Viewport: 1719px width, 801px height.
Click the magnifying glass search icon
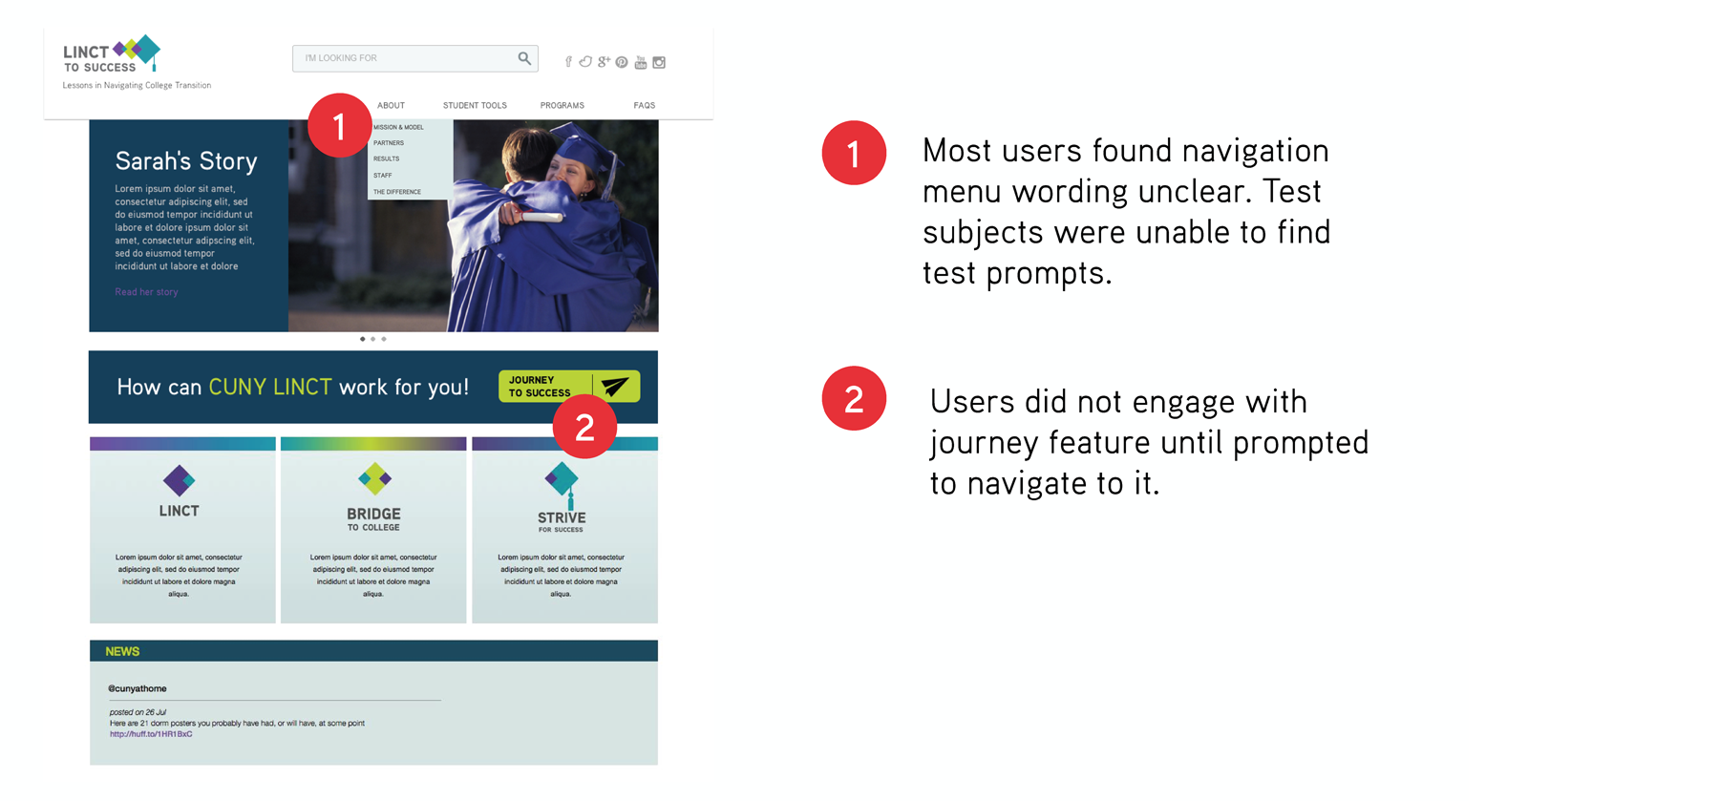tap(524, 58)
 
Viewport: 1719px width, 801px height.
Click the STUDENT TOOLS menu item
tap(475, 106)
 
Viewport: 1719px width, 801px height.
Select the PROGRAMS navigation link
tap(562, 106)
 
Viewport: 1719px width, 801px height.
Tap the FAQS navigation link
tap(644, 106)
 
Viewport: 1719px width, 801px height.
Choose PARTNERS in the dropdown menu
tap(389, 143)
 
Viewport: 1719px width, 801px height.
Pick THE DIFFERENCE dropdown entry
tap(397, 192)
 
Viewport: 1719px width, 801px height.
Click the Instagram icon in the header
tap(659, 63)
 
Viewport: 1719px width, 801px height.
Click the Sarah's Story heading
tap(186, 161)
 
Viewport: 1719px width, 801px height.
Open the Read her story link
tap(146, 292)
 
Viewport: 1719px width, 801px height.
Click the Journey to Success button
tap(568, 386)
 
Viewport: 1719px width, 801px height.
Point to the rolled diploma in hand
tap(540, 217)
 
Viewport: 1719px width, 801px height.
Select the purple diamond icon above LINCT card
tap(179, 480)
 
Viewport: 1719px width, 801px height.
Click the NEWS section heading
tap(122, 651)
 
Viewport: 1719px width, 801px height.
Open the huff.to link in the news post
tap(151, 734)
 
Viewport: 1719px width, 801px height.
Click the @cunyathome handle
tap(138, 688)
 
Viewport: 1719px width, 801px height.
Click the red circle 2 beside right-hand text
tap(854, 398)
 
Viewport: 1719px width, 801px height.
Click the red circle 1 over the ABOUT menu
tap(339, 125)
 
